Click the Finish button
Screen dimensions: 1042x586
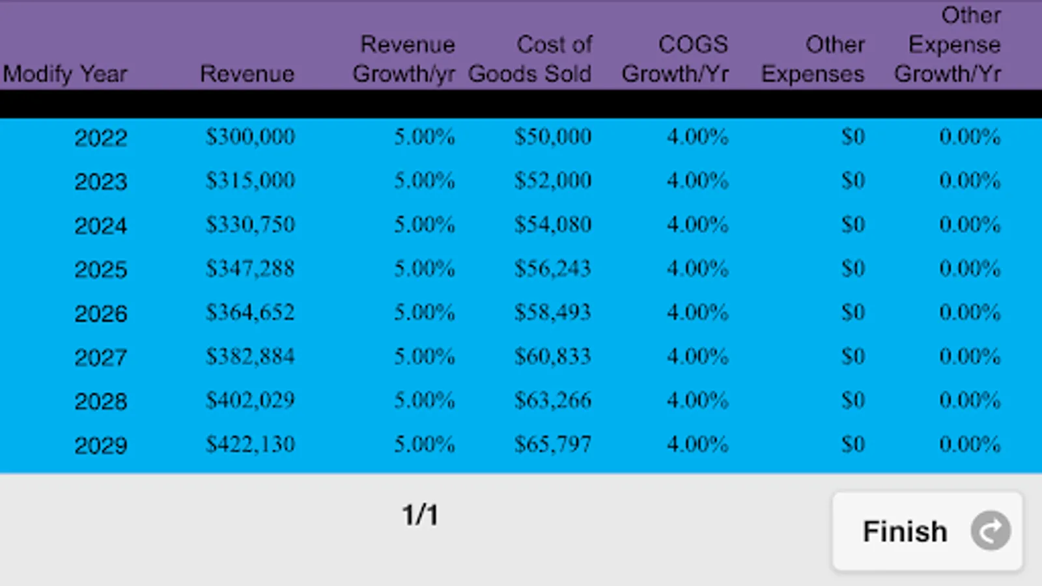[927, 531]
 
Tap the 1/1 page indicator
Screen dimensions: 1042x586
[420, 515]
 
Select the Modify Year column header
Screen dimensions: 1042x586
[65, 74]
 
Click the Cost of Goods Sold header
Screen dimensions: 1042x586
[530, 59]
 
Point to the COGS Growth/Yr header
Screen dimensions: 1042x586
[675, 59]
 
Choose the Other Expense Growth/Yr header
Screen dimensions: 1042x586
[948, 45]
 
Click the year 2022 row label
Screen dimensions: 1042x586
[101, 138]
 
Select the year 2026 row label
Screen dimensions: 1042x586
[101, 314]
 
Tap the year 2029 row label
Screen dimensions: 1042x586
[101, 445]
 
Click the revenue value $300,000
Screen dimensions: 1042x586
[250, 137]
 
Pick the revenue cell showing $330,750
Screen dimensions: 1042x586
[250, 225]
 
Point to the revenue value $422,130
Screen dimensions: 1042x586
[250, 444]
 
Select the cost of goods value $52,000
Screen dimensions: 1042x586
[553, 180]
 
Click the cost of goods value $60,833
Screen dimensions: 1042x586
[553, 356]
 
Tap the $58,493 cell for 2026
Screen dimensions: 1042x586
[553, 312]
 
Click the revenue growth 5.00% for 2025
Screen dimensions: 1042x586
[424, 268]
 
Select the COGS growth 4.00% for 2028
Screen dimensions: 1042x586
[697, 400]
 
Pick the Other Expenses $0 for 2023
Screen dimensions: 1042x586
[853, 180]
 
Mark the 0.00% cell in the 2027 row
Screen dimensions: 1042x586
[970, 356]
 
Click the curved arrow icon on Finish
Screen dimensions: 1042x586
[991, 531]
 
